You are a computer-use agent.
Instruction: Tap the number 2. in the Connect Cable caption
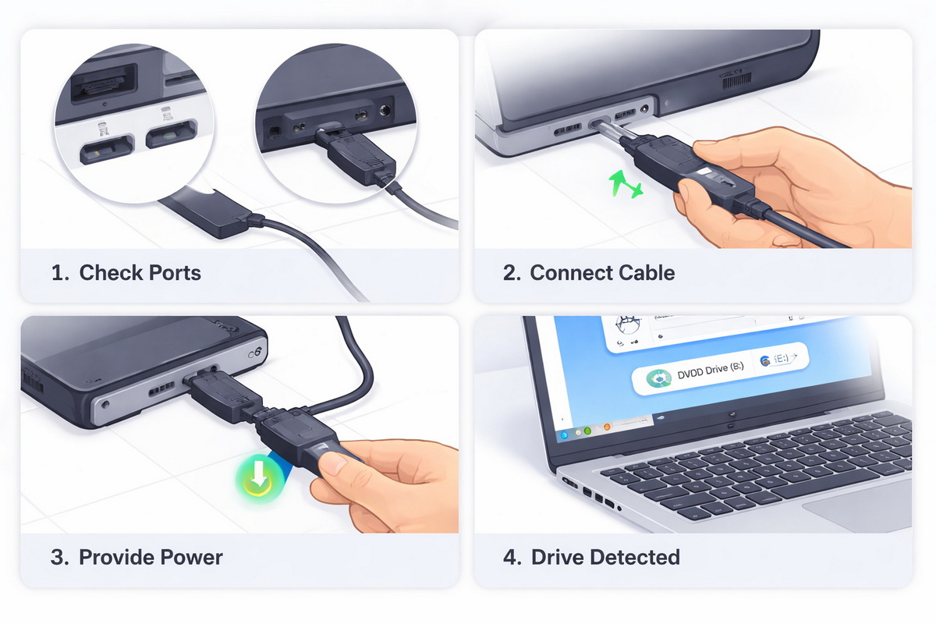pos(512,273)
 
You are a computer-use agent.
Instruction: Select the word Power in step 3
pos(192,558)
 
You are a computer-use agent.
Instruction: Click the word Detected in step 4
pos(635,558)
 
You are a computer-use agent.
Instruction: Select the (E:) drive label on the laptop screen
pos(780,359)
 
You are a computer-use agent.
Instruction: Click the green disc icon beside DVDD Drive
pos(659,379)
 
